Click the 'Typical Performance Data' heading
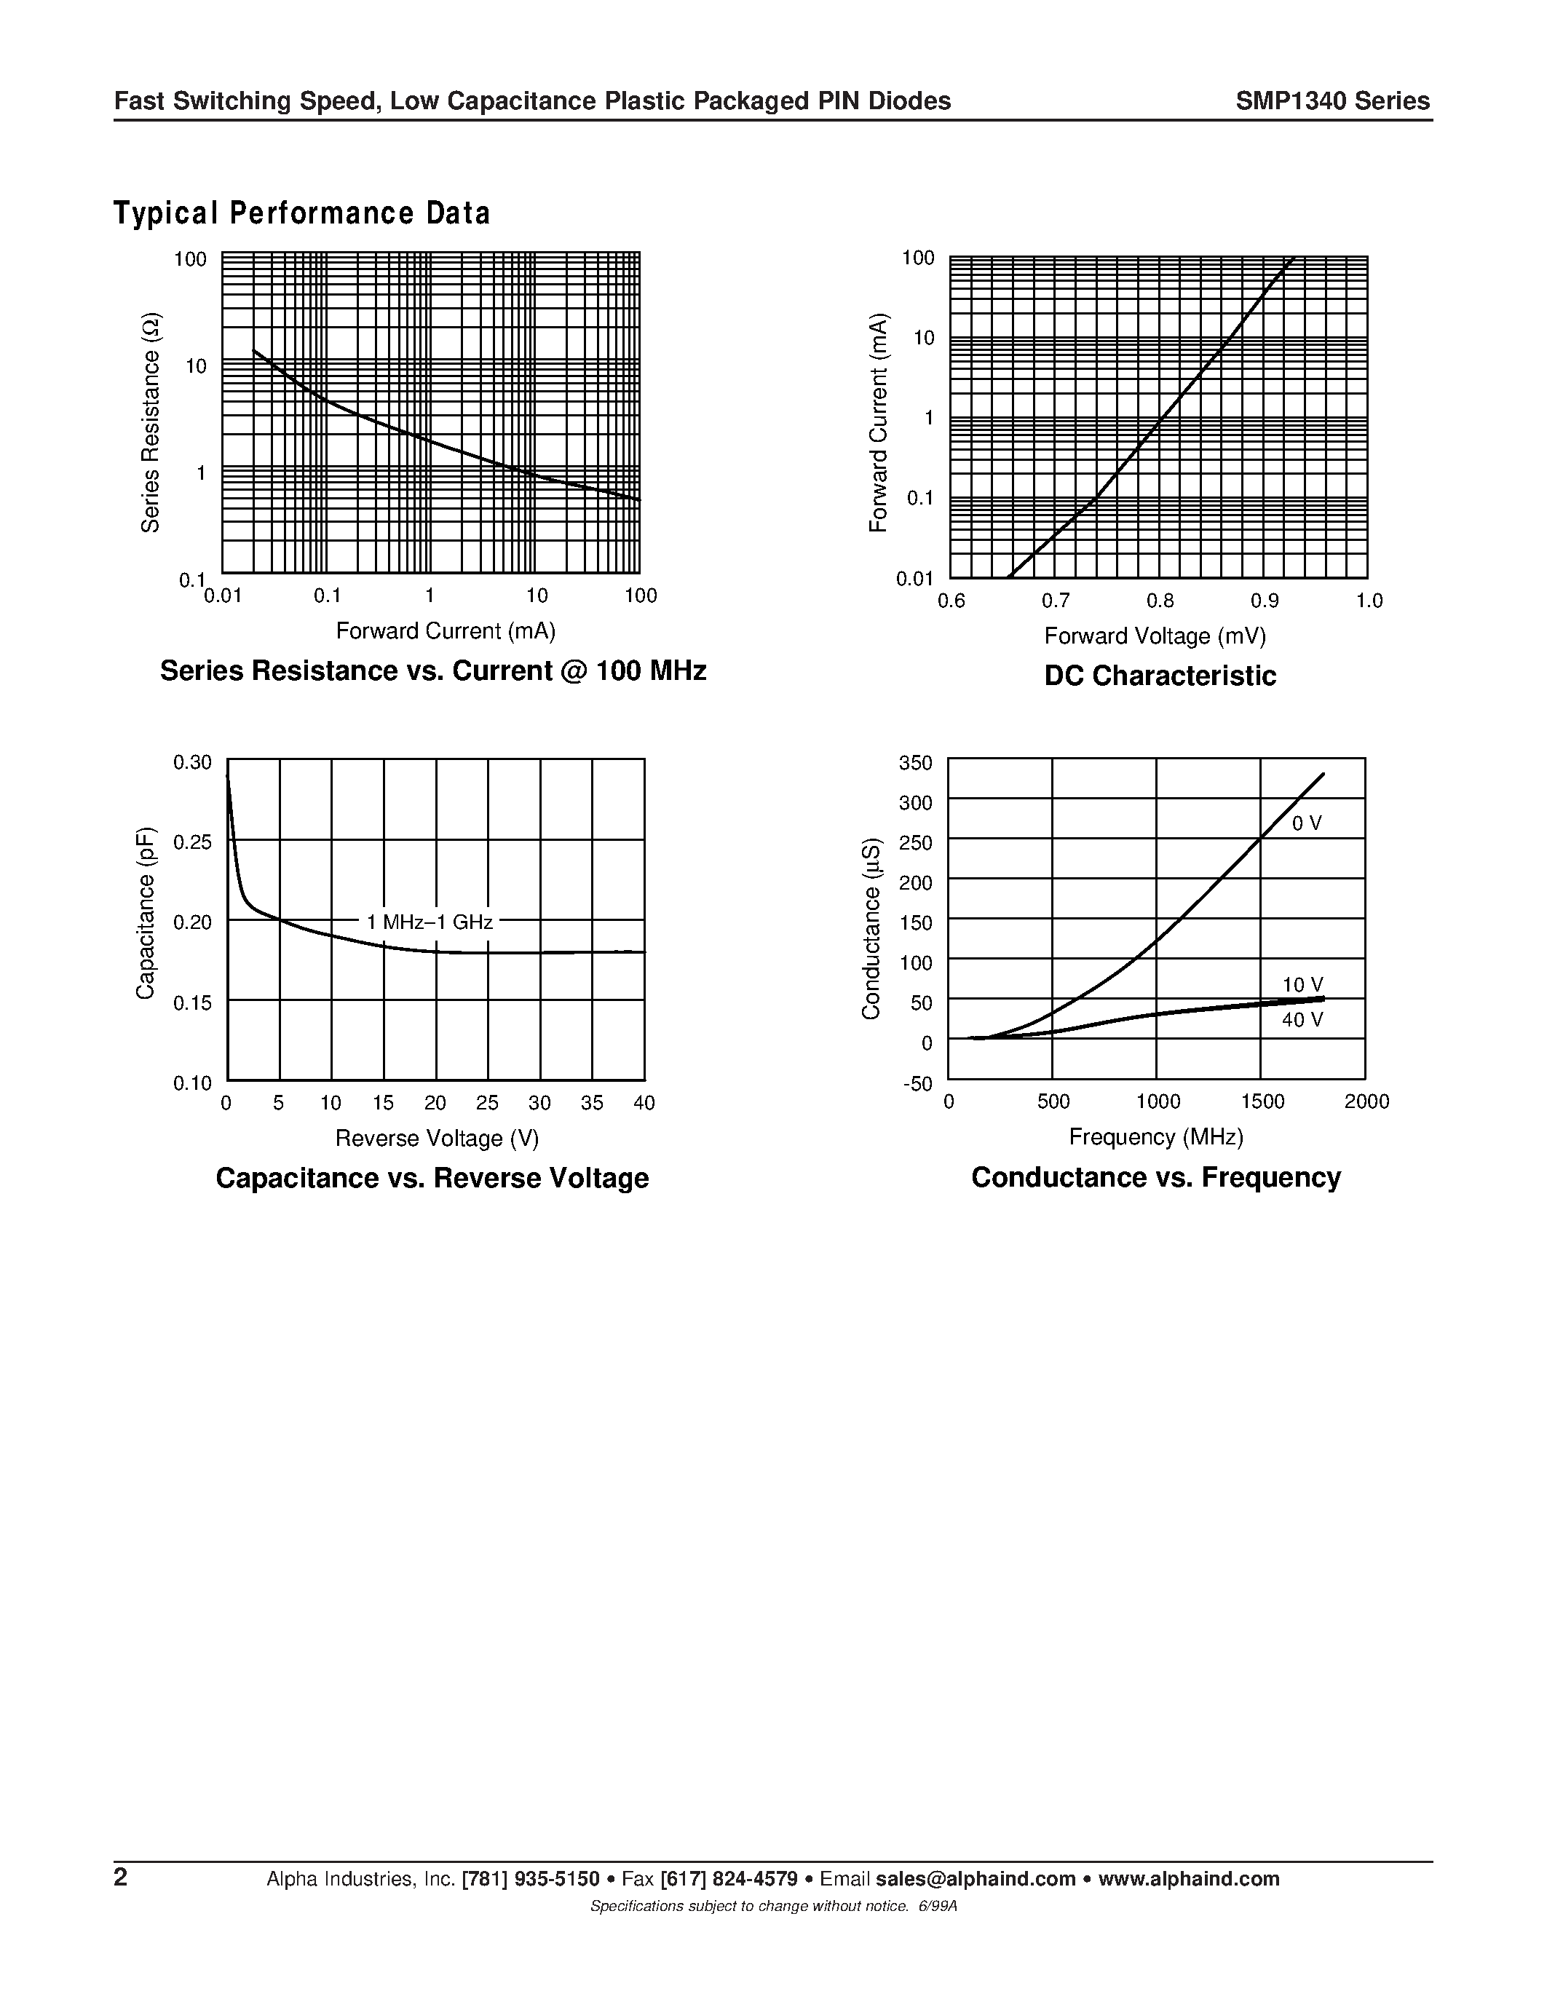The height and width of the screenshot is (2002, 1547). (x=301, y=213)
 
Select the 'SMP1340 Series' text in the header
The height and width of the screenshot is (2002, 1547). (x=1332, y=101)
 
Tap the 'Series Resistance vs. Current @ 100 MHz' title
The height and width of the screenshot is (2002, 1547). (x=432, y=671)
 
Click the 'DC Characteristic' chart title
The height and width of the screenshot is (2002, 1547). (x=1159, y=676)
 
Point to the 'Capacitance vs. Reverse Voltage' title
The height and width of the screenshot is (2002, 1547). (x=432, y=1178)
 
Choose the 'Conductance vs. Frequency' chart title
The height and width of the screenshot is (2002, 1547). (x=1155, y=1177)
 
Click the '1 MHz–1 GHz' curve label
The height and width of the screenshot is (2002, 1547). (x=429, y=922)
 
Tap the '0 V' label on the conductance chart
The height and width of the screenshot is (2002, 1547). (x=1306, y=824)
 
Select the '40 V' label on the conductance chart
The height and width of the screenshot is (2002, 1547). (x=1302, y=1020)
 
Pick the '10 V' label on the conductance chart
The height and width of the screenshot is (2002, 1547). (x=1302, y=986)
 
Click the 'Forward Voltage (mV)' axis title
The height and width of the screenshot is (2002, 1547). (x=1155, y=636)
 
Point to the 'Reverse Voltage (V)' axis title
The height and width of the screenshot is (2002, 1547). (x=437, y=1139)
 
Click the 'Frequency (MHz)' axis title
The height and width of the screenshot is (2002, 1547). (x=1155, y=1138)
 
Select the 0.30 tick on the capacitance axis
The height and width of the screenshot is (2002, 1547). (x=192, y=763)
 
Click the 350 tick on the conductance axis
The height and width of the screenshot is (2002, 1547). (x=916, y=763)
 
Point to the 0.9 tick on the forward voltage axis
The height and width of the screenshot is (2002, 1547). (x=1265, y=601)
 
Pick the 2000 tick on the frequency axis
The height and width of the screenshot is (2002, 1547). (x=1366, y=1102)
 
